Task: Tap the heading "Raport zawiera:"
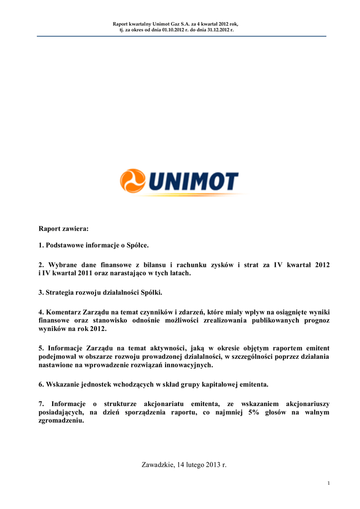tap(64, 229)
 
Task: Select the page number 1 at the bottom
tap(329, 483)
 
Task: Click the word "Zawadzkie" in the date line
tap(157, 465)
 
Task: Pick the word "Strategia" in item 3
tap(61, 292)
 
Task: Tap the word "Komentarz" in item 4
tap(66, 311)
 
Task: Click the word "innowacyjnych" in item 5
tap(189, 365)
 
